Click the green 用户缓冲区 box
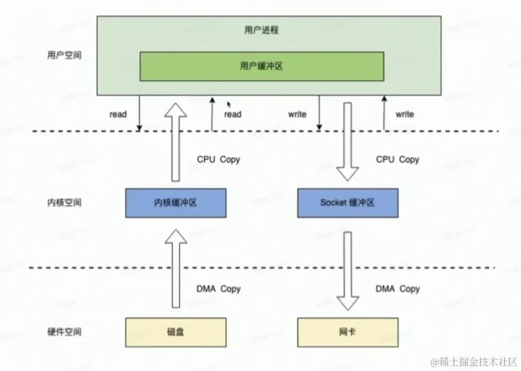click(x=262, y=66)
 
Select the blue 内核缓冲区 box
click(x=176, y=203)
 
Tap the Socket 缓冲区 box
click(x=348, y=203)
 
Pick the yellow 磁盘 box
click(x=176, y=332)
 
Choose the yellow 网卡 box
click(x=348, y=332)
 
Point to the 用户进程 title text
click(x=261, y=30)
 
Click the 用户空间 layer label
click(x=64, y=55)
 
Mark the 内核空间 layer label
click(x=64, y=203)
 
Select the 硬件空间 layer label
click(x=64, y=332)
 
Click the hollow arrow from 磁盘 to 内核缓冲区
click(x=176, y=268)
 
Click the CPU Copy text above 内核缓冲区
click(x=218, y=160)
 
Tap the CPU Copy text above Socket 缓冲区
click(x=397, y=160)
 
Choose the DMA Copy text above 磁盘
click(x=218, y=288)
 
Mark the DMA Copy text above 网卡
click(x=397, y=288)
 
